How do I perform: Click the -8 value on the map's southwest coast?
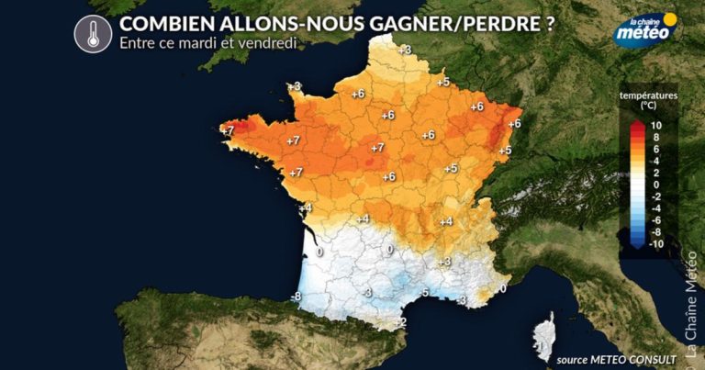295,297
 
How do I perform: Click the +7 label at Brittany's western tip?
228,131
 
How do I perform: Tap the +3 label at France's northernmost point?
405,49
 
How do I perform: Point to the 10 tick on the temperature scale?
655,125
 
